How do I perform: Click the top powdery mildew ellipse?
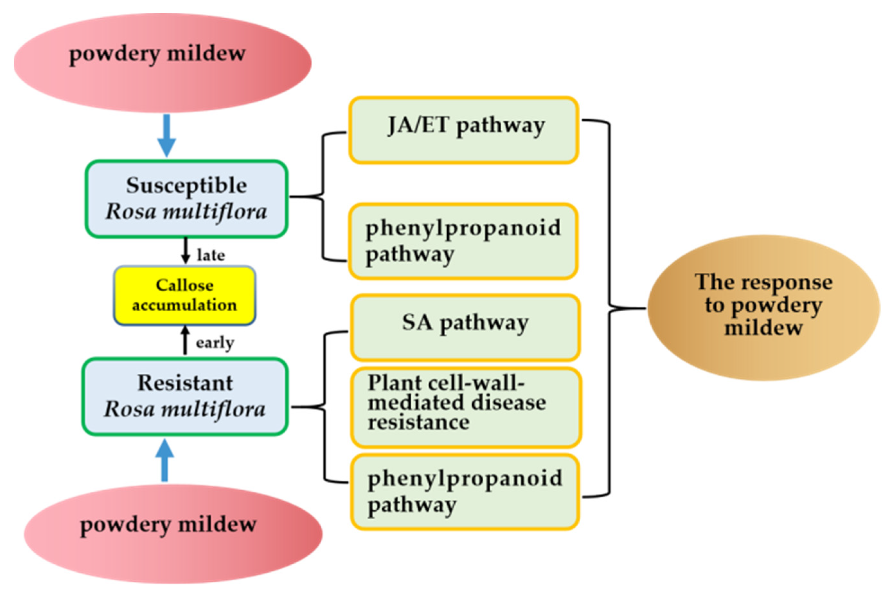pyautogui.click(x=163, y=63)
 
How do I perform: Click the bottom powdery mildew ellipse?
pyautogui.click(x=173, y=534)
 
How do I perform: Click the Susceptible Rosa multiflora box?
pyautogui.click(x=186, y=199)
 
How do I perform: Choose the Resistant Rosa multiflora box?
pyautogui.click(x=185, y=396)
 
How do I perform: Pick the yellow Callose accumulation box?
pyautogui.click(x=185, y=295)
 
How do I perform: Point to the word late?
pyautogui.click(x=211, y=255)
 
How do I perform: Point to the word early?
pyautogui.click(x=215, y=342)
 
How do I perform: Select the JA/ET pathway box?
pyautogui.click(x=463, y=130)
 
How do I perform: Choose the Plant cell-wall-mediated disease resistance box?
pyautogui.click(x=466, y=407)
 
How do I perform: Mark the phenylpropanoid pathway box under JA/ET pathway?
pyautogui.click(x=463, y=241)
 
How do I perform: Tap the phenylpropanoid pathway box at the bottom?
pyautogui.click(x=465, y=492)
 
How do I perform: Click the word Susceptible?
pyautogui.click(x=186, y=186)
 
